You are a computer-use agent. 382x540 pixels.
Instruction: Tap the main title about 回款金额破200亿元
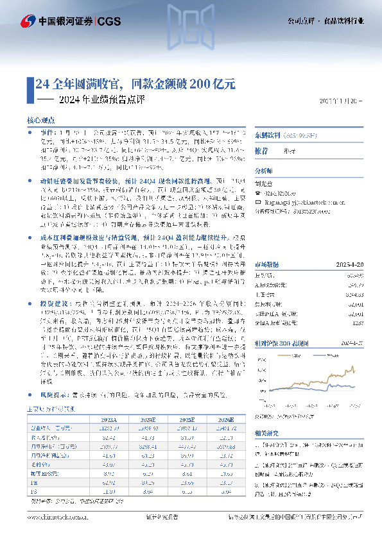pyautogui.click(x=135, y=83)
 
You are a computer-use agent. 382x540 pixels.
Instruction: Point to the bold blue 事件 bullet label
pyautogui.click(x=40, y=130)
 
